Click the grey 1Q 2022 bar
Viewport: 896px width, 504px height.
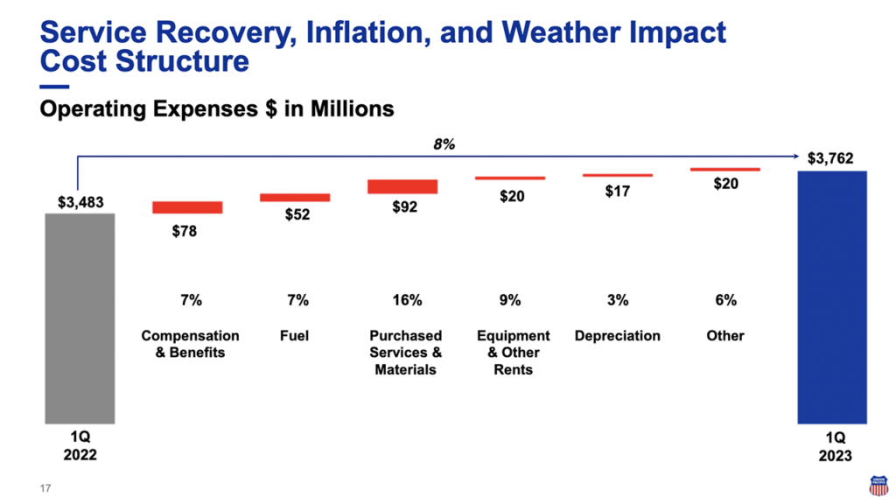(x=80, y=318)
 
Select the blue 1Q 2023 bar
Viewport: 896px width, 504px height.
(x=831, y=297)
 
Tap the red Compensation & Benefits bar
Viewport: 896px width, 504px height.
(x=187, y=207)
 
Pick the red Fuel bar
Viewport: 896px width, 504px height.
(x=295, y=198)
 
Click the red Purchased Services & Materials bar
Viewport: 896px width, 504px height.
(x=402, y=186)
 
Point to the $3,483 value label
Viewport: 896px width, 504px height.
(x=80, y=203)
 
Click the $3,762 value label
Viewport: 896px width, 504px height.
(x=830, y=159)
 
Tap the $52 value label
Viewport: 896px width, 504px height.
(x=297, y=215)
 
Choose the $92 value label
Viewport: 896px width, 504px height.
(x=405, y=207)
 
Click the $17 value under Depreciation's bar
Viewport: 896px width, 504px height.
(x=617, y=191)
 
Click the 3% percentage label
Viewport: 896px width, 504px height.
(x=617, y=300)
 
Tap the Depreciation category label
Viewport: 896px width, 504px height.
(x=617, y=336)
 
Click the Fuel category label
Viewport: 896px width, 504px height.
(x=295, y=336)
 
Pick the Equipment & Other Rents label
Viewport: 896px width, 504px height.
(x=513, y=353)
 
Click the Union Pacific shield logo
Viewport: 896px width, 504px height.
(x=877, y=485)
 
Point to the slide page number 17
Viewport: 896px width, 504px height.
(x=45, y=488)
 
